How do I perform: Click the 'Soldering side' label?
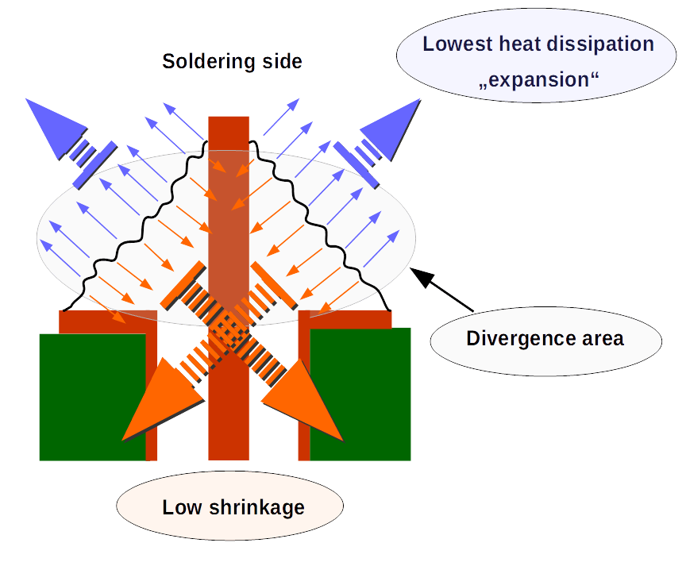tap(232, 61)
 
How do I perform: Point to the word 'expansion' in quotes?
tap(538, 80)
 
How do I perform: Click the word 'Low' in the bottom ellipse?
tap(181, 507)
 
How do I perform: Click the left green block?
tap(92, 397)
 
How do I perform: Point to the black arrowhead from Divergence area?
tap(421, 277)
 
